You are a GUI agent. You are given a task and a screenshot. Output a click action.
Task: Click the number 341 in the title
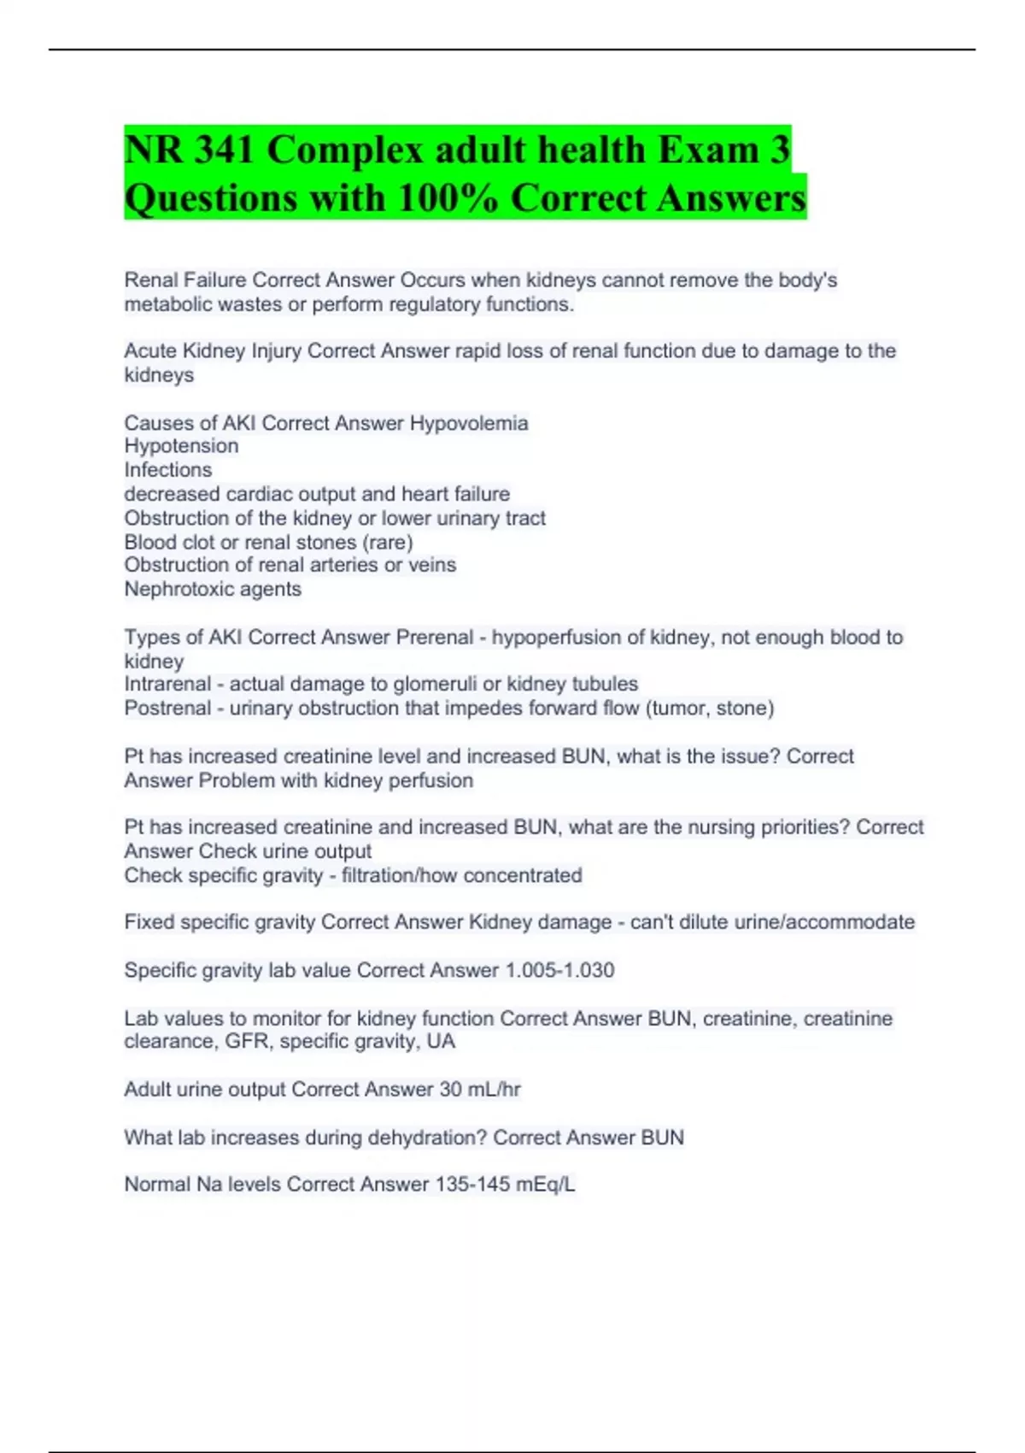pyautogui.click(x=225, y=150)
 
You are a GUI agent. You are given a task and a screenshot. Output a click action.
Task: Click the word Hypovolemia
pyautogui.click(x=469, y=423)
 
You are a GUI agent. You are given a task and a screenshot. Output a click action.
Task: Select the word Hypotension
pyautogui.click(x=181, y=446)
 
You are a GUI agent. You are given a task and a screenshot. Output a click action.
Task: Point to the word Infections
pyautogui.click(x=168, y=470)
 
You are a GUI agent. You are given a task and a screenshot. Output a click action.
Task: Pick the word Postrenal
pyautogui.click(x=167, y=709)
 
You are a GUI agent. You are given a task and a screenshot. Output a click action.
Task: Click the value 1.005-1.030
pyautogui.click(x=559, y=971)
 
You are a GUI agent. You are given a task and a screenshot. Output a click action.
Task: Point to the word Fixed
pyautogui.click(x=149, y=922)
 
